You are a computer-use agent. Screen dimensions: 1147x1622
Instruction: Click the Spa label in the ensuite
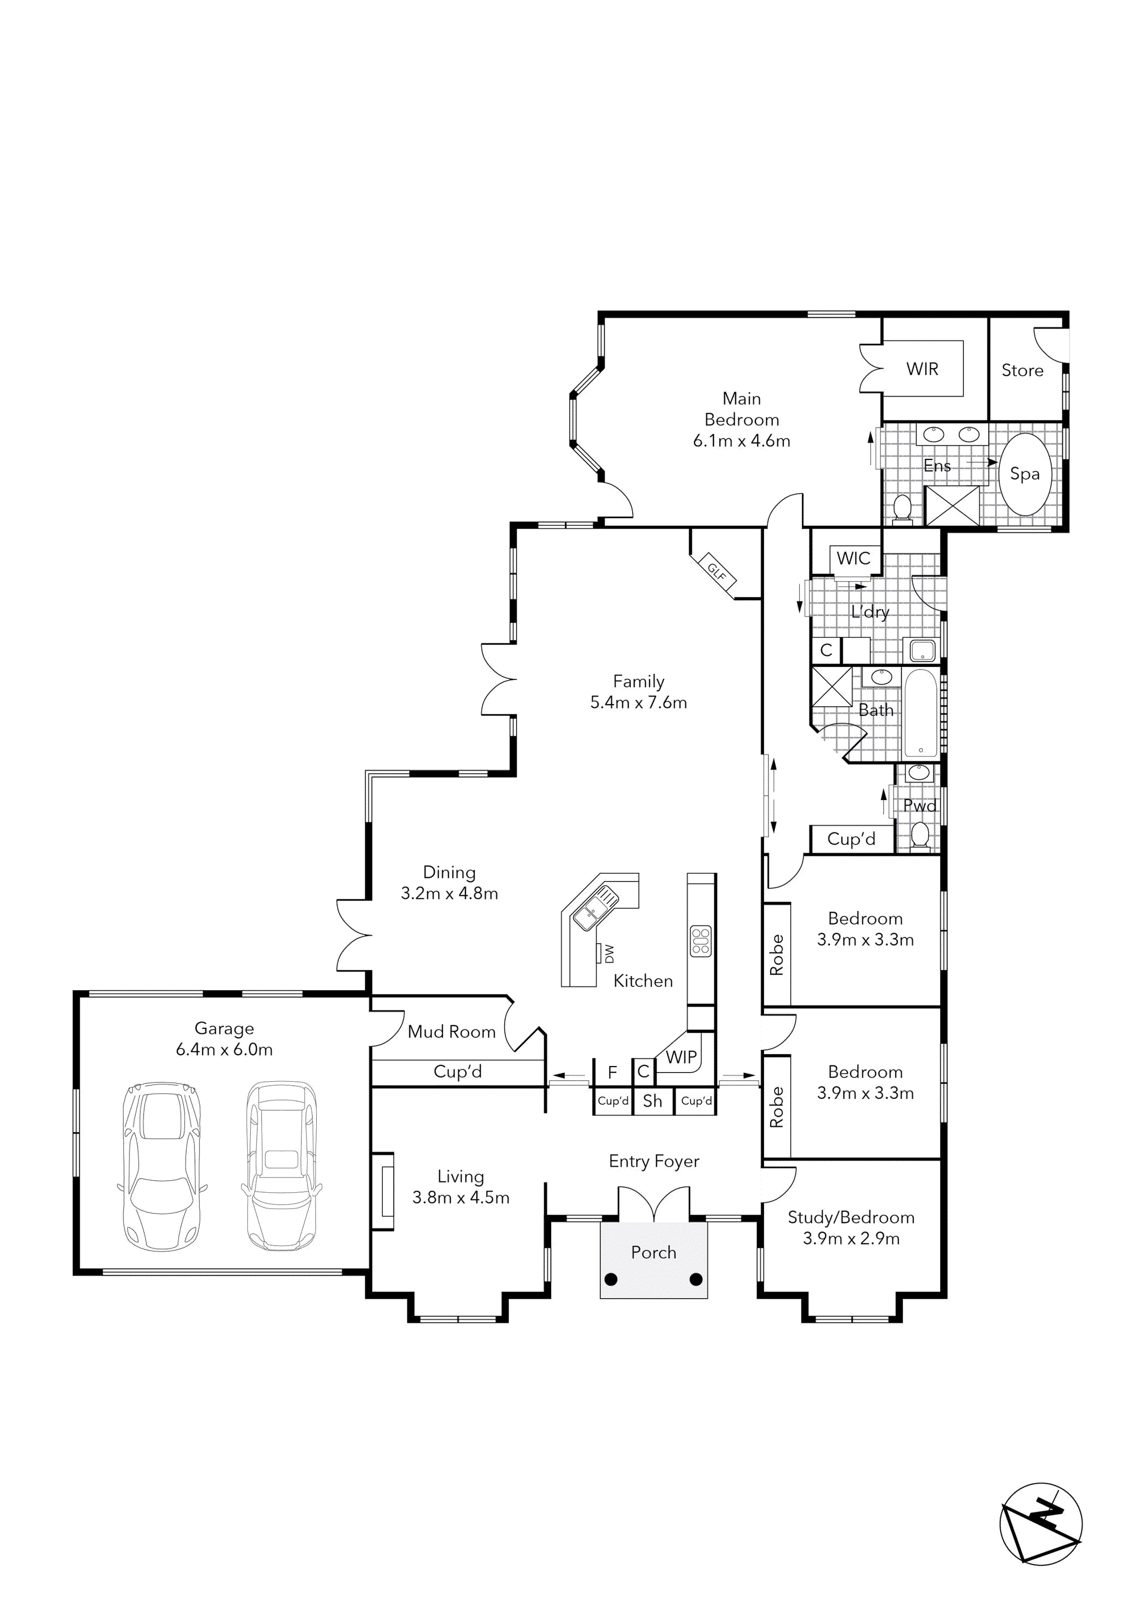coord(1024,474)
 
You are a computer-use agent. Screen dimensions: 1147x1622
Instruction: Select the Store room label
coord(1022,370)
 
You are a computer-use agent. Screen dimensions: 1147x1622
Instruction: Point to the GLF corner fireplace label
coord(717,571)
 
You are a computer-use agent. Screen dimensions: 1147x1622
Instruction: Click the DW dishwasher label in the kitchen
coord(609,954)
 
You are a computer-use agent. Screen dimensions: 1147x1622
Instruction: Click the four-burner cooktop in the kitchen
coord(700,941)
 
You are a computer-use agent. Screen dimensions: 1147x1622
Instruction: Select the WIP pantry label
coord(681,1057)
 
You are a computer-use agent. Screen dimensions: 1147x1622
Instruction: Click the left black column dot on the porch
coord(611,1280)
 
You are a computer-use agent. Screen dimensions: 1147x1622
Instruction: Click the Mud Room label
coord(452,1032)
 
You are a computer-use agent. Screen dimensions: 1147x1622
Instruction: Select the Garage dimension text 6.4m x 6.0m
coord(224,1050)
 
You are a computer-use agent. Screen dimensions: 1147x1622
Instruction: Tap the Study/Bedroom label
coord(851,1217)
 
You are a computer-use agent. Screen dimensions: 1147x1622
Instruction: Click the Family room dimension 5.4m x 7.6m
coord(638,702)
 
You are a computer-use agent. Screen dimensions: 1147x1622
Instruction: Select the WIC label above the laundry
coord(853,558)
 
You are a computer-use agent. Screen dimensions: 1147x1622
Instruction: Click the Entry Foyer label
coord(654,1162)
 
